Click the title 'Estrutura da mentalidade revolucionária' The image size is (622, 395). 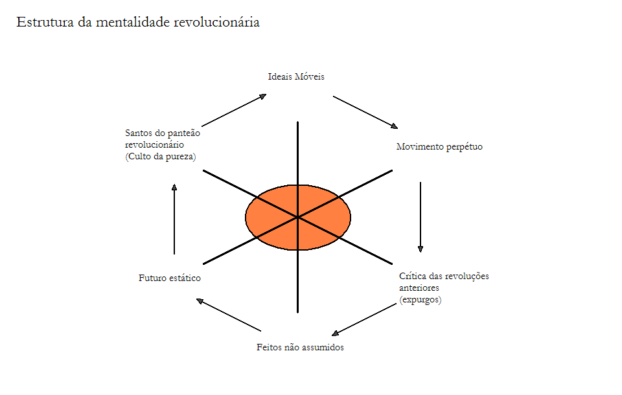138,22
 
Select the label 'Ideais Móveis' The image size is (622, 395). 296,76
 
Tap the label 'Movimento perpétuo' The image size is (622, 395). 439,147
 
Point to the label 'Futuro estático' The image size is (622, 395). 170,278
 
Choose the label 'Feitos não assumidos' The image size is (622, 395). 300,347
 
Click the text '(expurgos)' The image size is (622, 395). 420,299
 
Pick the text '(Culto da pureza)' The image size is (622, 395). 160,157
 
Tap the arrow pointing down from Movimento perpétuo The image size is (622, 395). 420,217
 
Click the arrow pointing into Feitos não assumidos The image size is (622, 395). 363,319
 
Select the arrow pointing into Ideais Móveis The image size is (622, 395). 234,110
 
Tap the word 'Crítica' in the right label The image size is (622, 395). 413,276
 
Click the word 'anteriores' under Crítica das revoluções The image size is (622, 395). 419,288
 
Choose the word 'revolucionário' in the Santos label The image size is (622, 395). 155,145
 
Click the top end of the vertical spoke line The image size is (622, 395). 297,123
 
